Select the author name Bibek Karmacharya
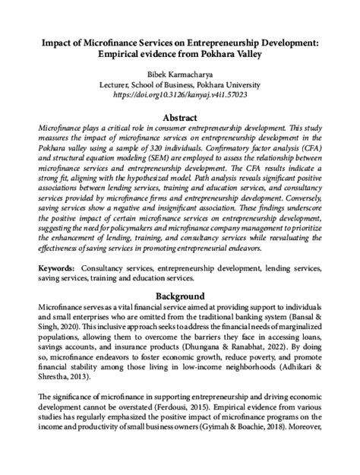click(x=180, y=78)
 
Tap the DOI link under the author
click(x=180, y=97)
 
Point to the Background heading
click(x=180, y=295)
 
